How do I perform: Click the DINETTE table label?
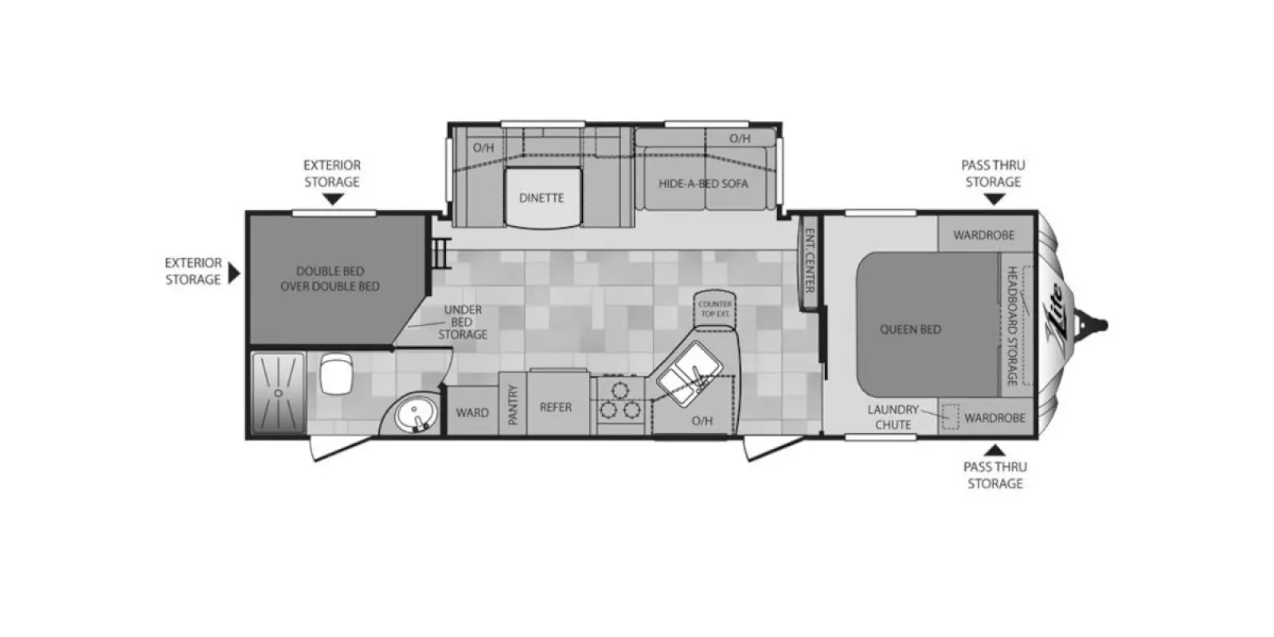tap(541, 198)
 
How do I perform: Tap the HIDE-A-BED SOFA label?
tap(704, 184)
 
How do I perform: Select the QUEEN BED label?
tap(911, 330)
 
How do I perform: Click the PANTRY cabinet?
tap(513, 404)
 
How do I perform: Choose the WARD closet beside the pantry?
tap(473, 411)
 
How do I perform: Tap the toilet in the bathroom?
tap(336, 373)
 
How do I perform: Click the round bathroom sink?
tap(417, 414)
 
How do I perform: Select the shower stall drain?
tap(278, 393)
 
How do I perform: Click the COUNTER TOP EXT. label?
tap(716, 309)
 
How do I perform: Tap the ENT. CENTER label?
tap(810, 260)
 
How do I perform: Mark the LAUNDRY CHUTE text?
tap(893, 417)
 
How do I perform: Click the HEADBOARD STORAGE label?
tap(1012, 326)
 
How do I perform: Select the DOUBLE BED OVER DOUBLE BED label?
tap(330, 279)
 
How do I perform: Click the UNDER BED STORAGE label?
tap(463, 322)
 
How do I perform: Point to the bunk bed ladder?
tap(441, 253)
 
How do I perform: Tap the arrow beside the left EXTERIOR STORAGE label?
tap(234, 272)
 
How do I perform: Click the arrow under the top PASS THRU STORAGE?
tap(994, 199)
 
